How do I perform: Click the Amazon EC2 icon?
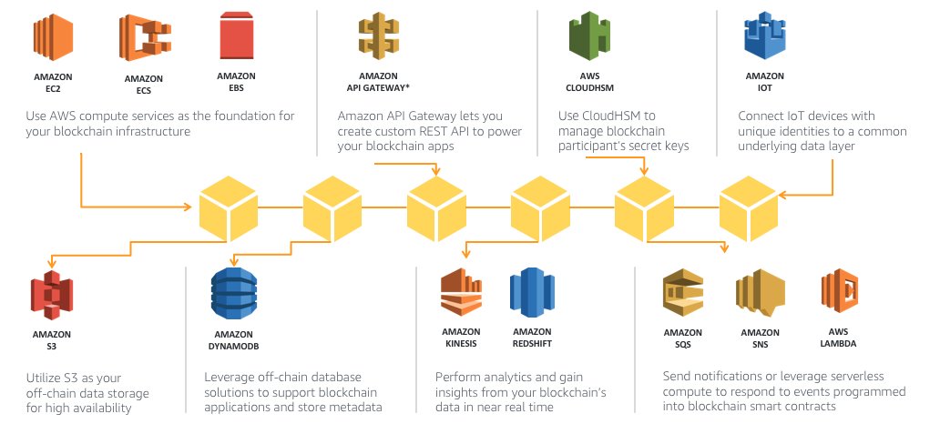(x=54, y=37)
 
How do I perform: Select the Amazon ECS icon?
(x=145, y=38)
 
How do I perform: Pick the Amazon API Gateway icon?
(x=378, y=37)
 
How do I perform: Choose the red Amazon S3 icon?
(x=52, y=295)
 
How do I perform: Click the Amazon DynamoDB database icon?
(x=234, y=294)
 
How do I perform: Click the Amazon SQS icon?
(x=683, y=293)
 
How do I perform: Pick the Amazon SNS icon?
(x=761, y=293)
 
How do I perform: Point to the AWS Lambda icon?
(x=839, y=292)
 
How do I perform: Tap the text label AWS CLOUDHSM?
(x=589, y=82)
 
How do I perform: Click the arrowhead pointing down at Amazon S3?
(x=52, y=262)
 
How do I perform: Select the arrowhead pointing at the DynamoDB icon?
(x=234, y=260)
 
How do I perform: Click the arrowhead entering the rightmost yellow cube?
(x=783, y=195)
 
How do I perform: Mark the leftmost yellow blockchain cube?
(x=228, y=208)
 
